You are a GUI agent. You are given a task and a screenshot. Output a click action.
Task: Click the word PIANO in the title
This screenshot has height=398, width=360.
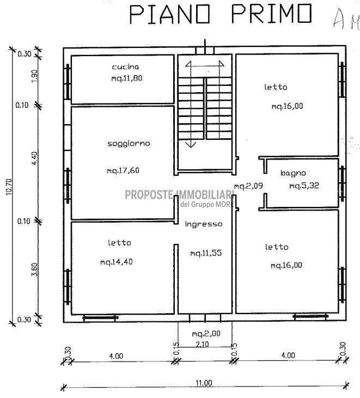pos(170,15)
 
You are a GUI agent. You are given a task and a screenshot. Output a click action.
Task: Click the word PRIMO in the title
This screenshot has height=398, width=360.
pos(271,14)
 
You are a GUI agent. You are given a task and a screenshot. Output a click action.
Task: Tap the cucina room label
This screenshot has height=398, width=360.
pos(125,67)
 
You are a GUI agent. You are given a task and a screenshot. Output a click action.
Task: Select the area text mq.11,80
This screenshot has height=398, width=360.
pos(127,78)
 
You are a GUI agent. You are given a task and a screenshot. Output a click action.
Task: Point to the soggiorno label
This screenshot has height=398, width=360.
pos(129,144)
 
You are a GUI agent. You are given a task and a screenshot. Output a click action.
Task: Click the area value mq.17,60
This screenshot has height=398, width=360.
pos(123,170)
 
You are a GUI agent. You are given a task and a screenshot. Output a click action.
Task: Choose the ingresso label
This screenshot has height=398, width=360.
pos(204,224)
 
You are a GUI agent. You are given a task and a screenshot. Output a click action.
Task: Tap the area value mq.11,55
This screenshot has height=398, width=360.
pos(206,253)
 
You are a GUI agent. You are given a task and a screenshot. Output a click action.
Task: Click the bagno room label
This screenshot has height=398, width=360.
pos(293,173)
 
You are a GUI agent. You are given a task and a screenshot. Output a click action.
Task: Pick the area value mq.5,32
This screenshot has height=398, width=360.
pos(304,186)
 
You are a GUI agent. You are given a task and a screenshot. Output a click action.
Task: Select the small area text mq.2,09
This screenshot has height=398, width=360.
pos(248,186)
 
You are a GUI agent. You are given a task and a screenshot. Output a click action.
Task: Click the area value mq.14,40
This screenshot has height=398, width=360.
pos(117,262)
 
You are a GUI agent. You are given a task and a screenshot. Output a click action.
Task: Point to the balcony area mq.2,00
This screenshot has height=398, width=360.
pos(206,334)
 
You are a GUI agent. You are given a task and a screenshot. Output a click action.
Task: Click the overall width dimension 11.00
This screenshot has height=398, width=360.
pos(204,383)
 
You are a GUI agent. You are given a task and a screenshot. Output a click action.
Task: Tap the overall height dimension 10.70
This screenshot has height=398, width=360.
pos(9,187)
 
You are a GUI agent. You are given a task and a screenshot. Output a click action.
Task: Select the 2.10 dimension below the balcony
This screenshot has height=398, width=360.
pos(203,344)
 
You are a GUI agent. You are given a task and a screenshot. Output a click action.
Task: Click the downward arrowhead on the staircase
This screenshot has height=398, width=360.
pos(191,145)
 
